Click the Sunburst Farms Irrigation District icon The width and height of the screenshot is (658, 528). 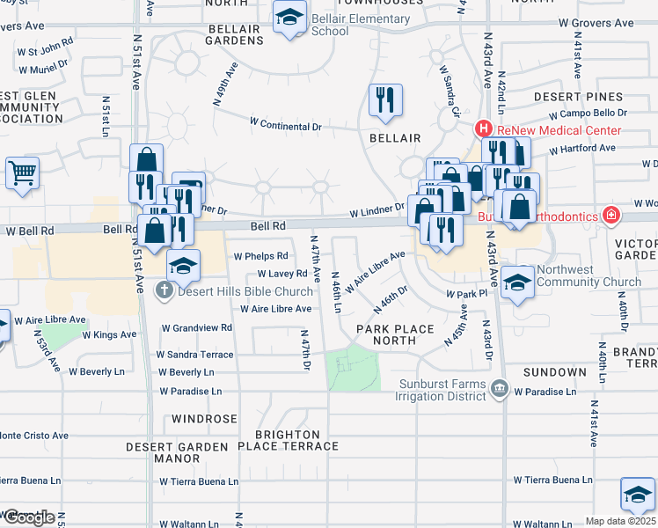[x=500, y=388]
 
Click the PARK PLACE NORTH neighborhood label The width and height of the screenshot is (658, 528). [x=395, y=334]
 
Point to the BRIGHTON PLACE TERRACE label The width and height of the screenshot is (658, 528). [x=296, y=440]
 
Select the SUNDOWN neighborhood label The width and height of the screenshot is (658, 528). [x=554, y=373]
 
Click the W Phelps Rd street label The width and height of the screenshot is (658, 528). [x=260, y=256]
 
